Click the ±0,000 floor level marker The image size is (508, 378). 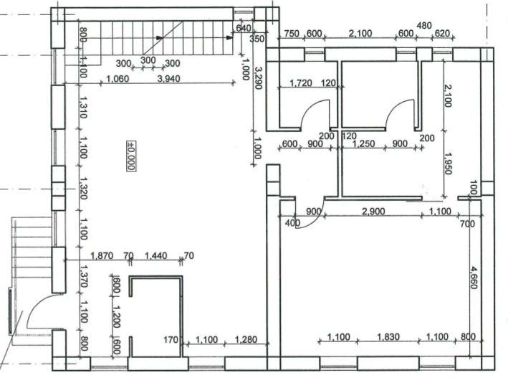pyautogui.click(x=131, y=153)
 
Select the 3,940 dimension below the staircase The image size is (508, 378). pyautogui.click(x=169, y=79)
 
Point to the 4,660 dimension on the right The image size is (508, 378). pyautogui.click(x=474, y=278)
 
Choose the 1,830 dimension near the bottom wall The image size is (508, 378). pyautogui.click(x=389, y=338)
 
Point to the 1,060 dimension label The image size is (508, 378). pyautogui.click(x=117, y=79)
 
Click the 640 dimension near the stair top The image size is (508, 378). pyautogui.click(x=243, y=29)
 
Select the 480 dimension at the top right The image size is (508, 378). pyautogui.click(x=424, y=26)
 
